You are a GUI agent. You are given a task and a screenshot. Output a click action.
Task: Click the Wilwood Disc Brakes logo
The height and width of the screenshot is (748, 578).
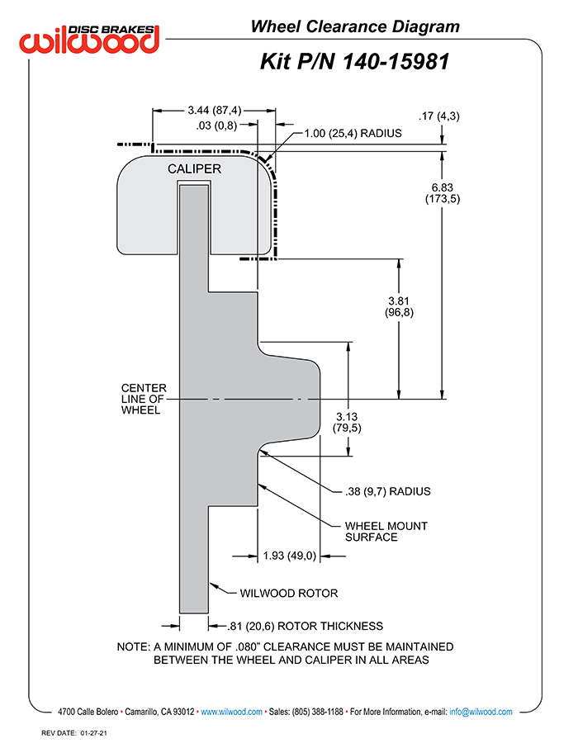[x=89, y=39]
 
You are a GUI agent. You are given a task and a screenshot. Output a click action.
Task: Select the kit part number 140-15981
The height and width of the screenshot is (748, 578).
[x=396, y=62]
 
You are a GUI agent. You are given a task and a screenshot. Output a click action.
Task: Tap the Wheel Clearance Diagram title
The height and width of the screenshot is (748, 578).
[x=355, y=26]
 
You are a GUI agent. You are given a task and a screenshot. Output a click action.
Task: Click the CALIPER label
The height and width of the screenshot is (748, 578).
[x=194, y=169]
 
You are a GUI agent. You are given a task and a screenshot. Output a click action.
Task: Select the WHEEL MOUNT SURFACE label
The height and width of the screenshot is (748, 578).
[x=386, y=532]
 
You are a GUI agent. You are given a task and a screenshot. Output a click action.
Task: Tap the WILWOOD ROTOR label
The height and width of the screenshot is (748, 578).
[x=289, y=594]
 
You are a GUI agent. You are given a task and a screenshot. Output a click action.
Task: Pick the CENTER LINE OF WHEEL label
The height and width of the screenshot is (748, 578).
[x=144, y=399]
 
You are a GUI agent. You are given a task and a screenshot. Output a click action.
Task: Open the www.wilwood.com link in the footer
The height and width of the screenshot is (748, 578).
[x=231, y=712]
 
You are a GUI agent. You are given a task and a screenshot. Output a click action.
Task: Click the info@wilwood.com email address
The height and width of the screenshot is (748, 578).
[x=481, y=712]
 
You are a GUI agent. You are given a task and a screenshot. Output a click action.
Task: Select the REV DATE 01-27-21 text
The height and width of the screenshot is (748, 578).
[x=74, y=733]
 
